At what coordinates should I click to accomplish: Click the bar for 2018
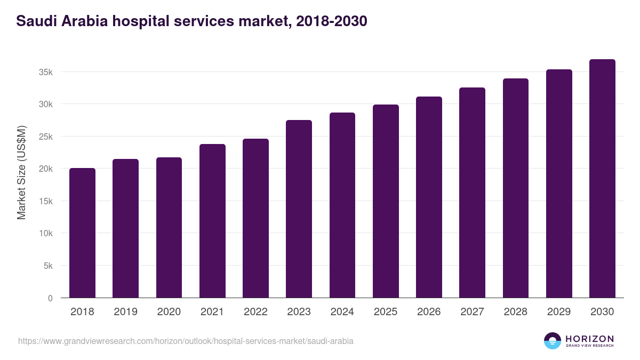tap(82, 233)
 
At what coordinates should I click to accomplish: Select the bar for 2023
tap(299, 209)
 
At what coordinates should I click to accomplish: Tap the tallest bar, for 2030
tap(602, 179)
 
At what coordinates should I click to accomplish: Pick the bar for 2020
tap(169, 228)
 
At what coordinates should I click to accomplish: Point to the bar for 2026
tap(429, 197)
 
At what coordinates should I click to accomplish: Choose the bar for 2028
tap(515, 188)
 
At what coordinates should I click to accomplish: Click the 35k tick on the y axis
tap(45, 72)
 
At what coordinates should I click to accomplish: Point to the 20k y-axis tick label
tap(45, 169)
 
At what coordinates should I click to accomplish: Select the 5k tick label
tap(47, 266)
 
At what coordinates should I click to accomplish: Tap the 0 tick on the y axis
tap(50, 298)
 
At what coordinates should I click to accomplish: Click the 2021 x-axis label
tap(212, 312)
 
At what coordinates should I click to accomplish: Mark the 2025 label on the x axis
tap(386, 312)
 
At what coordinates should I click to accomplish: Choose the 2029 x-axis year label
tap(559, 312)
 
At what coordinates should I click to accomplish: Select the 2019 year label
tap(125, 312)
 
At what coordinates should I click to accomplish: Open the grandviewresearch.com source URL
tap(186, 341)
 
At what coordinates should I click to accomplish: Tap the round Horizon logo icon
tap(553, 341)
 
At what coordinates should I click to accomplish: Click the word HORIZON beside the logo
tap(589, 338)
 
